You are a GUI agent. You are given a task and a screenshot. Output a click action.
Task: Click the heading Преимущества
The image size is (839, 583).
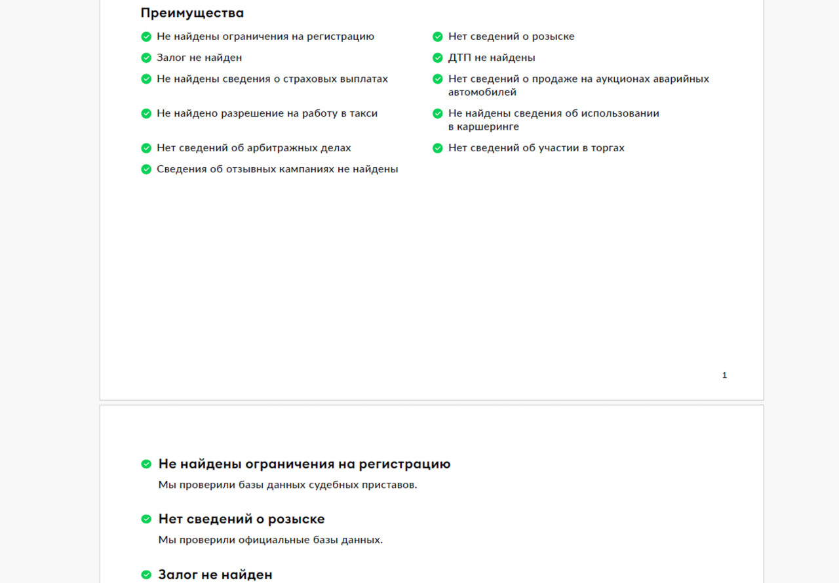click(192, 13)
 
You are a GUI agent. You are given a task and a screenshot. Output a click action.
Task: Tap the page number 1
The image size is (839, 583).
click(724, 375)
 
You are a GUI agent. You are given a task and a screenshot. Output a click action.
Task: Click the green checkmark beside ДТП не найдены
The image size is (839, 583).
click(438, 58)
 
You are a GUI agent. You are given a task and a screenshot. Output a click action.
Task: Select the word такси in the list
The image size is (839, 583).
click(364, 113)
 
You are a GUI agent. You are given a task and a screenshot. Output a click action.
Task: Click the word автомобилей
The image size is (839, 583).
click(482, 92)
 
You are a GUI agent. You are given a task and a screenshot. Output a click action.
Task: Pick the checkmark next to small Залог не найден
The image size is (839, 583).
click(146, 58)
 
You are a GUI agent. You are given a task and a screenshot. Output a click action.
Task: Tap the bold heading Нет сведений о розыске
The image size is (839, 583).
click(241, 519)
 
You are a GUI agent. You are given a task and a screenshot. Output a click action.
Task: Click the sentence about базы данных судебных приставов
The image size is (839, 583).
click(288, 485)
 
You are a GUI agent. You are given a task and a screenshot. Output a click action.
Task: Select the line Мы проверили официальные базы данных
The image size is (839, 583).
click(270, 540)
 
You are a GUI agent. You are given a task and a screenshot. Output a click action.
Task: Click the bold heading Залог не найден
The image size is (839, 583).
click(215, 574)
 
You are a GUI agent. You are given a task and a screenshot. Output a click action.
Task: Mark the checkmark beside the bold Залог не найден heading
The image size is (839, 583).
click(146, 574)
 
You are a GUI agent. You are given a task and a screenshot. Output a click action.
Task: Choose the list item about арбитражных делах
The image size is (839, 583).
click(254, 148)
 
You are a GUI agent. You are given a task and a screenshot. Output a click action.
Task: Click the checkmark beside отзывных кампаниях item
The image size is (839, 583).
click(146, 169)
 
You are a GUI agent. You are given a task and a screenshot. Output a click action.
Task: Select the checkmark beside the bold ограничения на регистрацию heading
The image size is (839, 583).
click(146, 464)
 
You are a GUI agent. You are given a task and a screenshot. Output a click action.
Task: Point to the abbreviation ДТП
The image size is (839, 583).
click(459, 58)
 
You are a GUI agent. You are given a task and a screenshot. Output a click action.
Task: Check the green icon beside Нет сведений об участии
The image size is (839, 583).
click(438, 148)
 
